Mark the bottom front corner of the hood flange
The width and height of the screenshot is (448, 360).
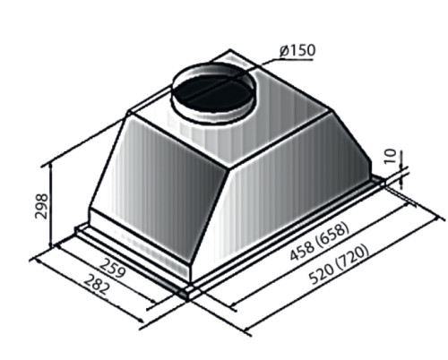[185, 291]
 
